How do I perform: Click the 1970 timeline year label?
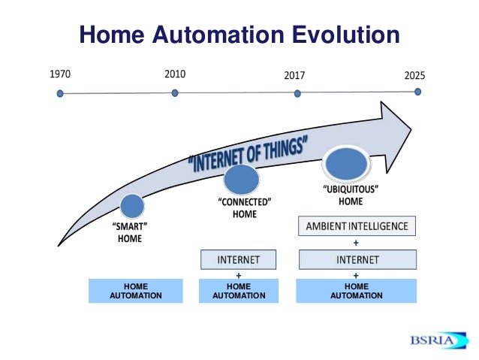pos(60,74)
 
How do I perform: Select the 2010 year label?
pos(174,74)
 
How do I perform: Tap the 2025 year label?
pos(415,76)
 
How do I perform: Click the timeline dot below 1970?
pos(60,94)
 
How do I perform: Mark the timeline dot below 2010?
pos(175,93)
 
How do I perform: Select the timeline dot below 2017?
pos(297,94)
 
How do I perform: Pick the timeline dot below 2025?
pos(417,92)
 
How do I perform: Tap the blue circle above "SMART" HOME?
pos(132,207)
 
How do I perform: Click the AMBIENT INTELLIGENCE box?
pos(357,226)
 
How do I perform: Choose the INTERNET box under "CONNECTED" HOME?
pos(238,260)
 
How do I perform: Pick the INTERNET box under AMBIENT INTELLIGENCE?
pos(357,260)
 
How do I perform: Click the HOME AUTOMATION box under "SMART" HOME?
pos(135,291)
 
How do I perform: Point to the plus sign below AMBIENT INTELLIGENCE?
pos(356,244)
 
